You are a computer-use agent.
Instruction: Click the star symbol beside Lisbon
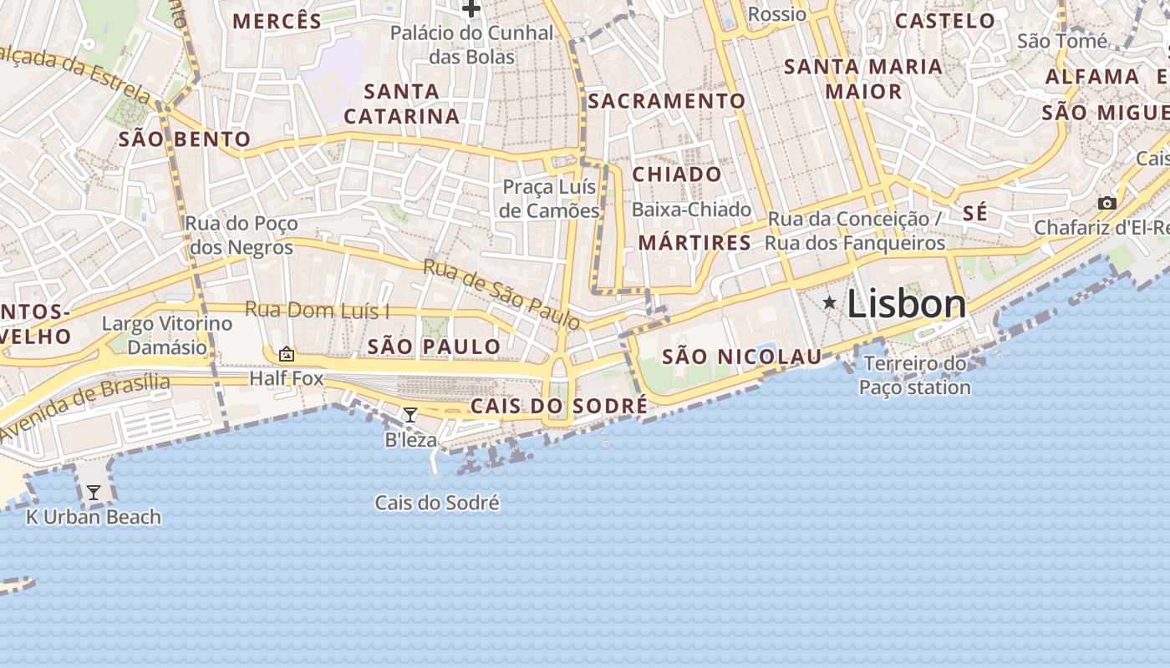[829, 302]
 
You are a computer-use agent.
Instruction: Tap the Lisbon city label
[907, 304]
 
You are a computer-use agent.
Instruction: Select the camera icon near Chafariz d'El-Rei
[1107, 203]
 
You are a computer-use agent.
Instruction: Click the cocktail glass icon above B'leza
[409, 414]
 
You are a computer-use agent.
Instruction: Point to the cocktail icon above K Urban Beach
[94, 493]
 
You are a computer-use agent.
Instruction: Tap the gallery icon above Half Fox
[287, 354]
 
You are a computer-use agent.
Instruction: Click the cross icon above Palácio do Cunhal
[471, 9]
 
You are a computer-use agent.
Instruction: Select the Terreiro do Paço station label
[914, 375]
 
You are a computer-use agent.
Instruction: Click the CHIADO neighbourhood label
[677, 175]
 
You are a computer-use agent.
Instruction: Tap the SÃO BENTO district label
[185, 139]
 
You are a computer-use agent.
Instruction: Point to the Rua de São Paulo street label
[501, 294]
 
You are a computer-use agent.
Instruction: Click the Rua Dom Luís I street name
[317, 311]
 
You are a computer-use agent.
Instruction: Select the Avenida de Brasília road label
[84, 407]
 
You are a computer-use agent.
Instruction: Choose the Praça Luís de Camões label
[550, 199]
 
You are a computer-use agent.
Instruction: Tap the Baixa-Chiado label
[691, 210]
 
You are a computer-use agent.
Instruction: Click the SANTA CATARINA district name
[402, 104]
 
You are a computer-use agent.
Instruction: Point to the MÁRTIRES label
[694, 243]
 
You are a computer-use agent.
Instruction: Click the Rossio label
[777, 14]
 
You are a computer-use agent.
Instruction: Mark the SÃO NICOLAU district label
[742, 357]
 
